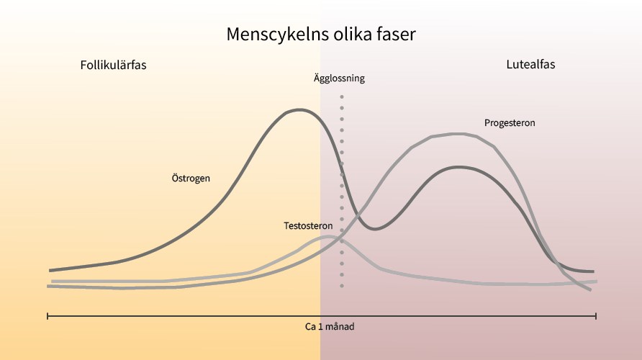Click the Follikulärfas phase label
114,65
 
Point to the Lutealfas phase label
530,64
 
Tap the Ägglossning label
339,78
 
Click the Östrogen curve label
191,178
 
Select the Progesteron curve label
510,123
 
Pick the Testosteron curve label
308,225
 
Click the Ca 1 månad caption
330,326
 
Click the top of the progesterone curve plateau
457,133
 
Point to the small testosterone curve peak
329,236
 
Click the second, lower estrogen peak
458,167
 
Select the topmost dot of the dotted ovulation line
342,96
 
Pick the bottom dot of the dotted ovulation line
342,286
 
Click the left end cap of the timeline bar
48,316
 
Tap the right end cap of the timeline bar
596,316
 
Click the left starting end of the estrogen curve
50,270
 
